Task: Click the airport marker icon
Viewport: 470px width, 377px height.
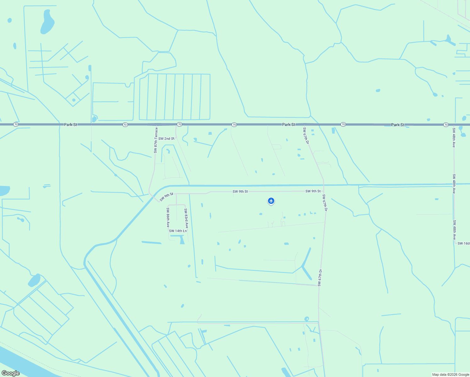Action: pos(271,201)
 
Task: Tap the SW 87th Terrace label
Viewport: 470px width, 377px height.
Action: pos(156,140)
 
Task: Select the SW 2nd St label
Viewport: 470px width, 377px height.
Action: pos(166,139)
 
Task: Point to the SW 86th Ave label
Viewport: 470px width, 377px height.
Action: pos(168,217)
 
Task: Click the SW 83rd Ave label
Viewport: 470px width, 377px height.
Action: pos(186,218)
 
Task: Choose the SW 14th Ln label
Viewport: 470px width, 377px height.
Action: pos(178,231)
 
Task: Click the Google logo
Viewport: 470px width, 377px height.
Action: pos(10,373)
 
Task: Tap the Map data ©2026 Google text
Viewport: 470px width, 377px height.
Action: pos(451,374)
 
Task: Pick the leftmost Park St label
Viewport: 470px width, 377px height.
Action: pos(70,125)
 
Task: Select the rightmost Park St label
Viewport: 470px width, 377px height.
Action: pos(398,125)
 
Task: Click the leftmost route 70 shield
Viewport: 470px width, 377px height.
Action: pos(16,124)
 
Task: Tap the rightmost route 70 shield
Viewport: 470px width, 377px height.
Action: pos(446,125)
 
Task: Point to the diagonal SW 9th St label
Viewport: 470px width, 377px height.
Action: pos(166,197)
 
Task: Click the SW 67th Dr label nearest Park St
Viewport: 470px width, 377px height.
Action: pos(306,135)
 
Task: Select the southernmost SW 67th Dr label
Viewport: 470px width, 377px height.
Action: pos(320,278)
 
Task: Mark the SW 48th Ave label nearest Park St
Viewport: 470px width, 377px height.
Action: pos(454,138)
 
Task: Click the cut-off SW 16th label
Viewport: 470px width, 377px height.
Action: pos(464,243)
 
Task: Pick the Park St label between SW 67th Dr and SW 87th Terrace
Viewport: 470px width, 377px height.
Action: pos(288,125)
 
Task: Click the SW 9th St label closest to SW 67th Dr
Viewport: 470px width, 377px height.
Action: pos(313,191)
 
